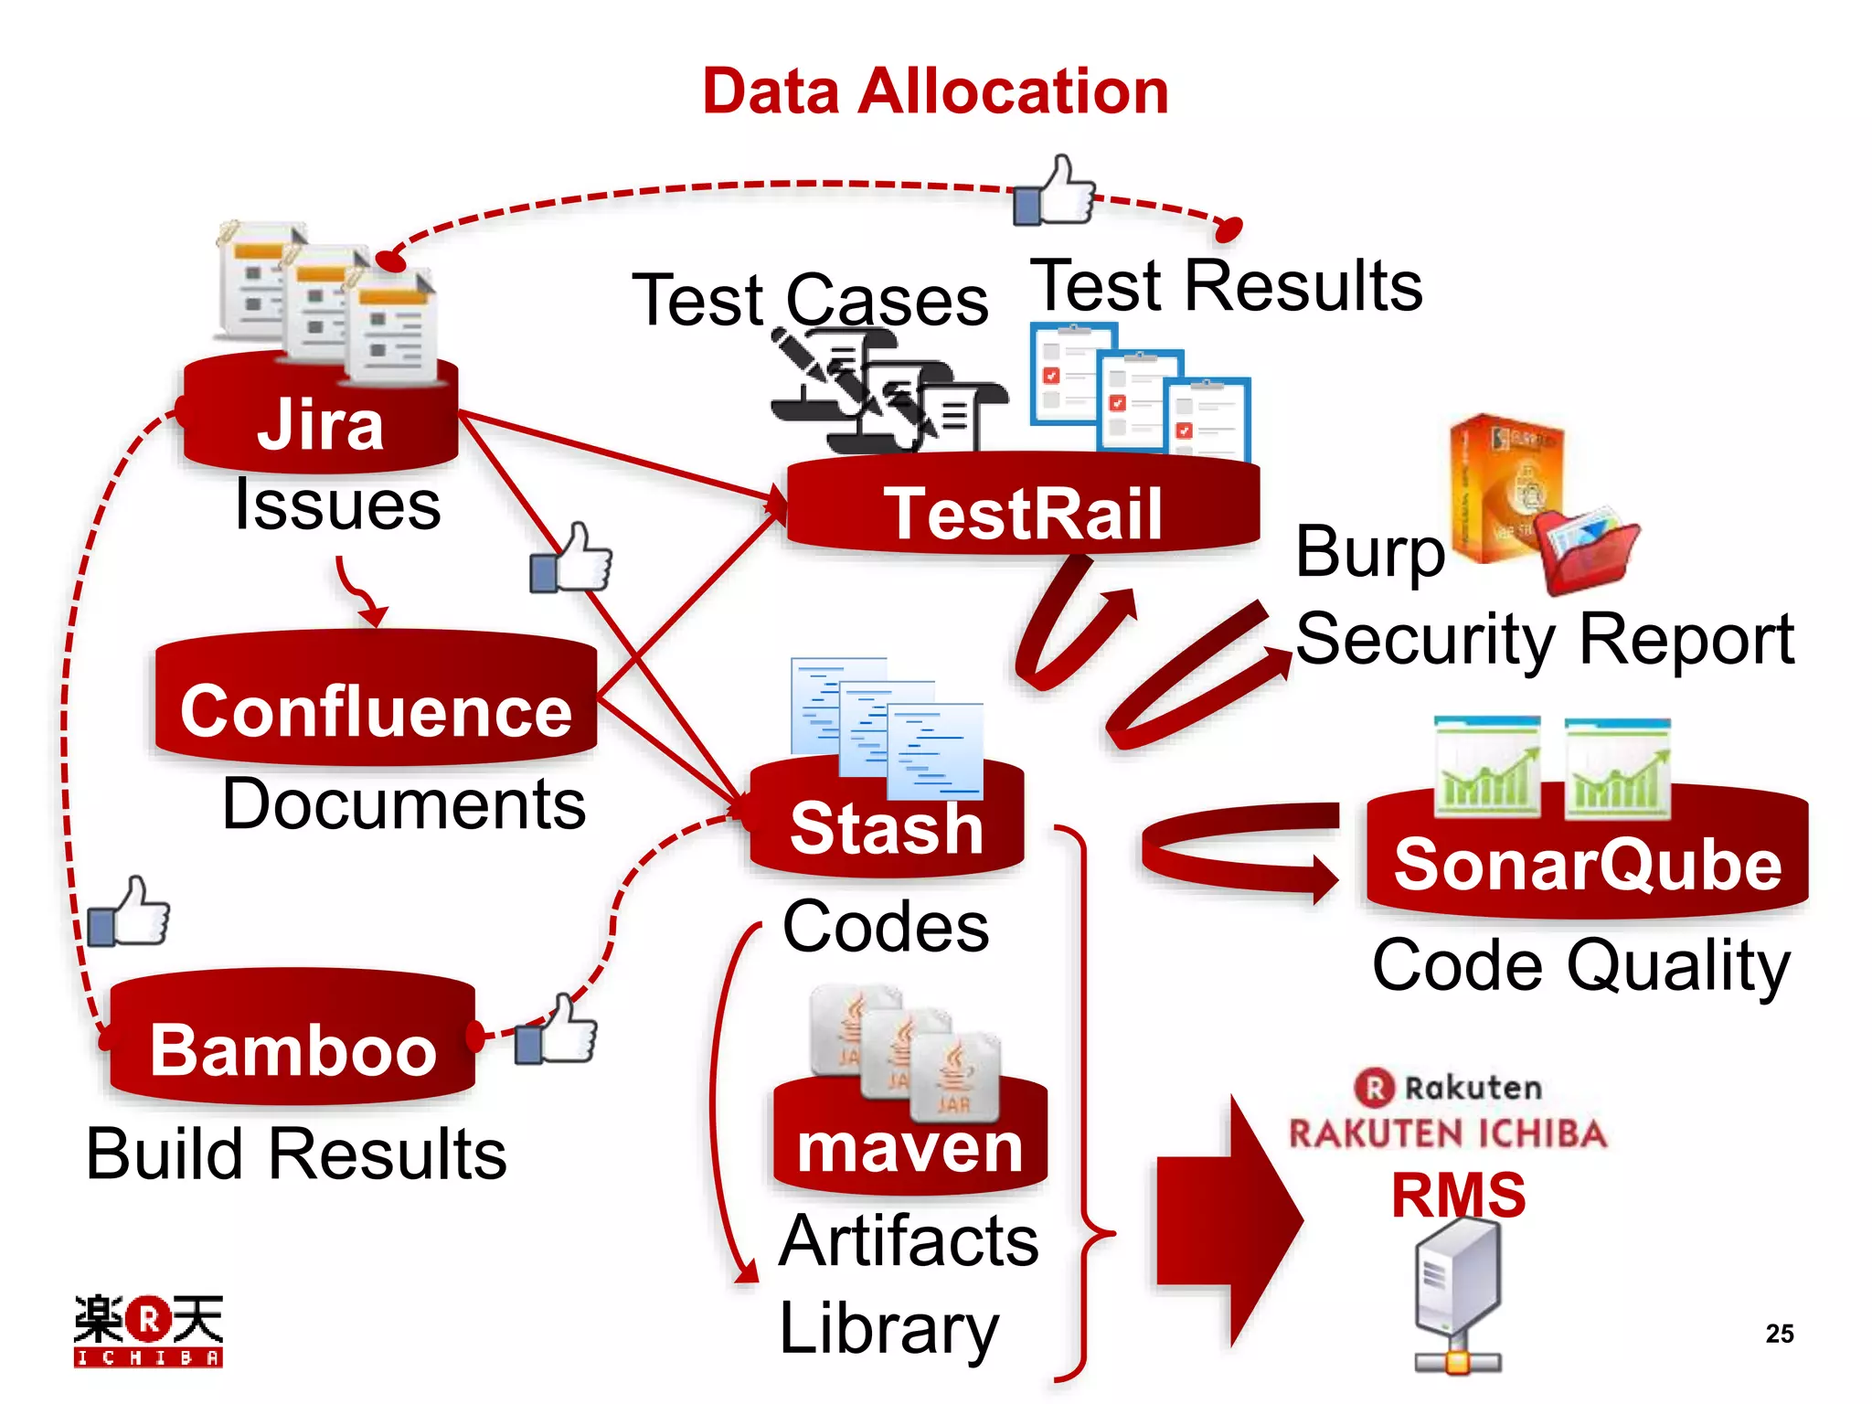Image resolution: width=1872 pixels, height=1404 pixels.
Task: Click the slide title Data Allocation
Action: [x=935, y=91]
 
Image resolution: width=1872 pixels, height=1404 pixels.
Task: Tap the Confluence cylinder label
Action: [x=376, y=711]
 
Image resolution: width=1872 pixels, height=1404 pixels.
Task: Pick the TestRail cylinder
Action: [x=1022, y=512]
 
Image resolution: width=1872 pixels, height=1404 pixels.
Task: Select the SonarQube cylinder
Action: [x=1587, y=864]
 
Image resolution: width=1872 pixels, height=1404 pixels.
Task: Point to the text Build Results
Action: [x=296, y=1154]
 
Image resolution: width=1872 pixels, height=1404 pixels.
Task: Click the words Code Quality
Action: [x=1580, y=965]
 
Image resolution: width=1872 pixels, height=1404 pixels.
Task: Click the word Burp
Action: [x=1369, y=551]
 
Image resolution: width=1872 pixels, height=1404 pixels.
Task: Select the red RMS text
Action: [x=1458, y=1195]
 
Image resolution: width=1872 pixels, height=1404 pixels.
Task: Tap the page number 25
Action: [x=1779, y=1334]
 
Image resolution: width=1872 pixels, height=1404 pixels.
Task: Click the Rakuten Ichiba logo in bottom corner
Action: [x=148, y=1330]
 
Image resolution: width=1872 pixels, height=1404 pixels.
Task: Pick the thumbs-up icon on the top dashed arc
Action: [x=1056, y=192]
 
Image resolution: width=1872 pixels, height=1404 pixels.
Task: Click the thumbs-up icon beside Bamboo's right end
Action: [x=556, y=1033]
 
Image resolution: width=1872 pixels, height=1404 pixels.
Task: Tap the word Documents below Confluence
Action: [x=403, y=804]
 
